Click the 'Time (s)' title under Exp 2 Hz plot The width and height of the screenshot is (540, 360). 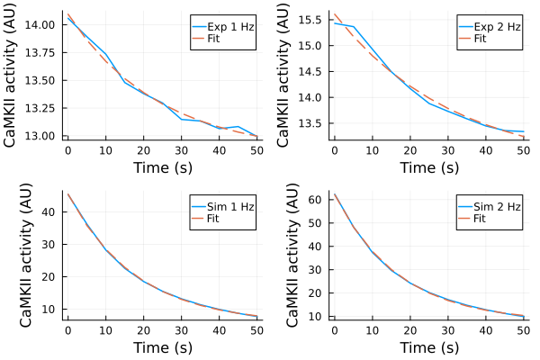429,166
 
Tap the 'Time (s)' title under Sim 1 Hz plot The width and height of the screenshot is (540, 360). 162,346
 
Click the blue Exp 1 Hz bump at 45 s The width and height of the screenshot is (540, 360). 238,127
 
